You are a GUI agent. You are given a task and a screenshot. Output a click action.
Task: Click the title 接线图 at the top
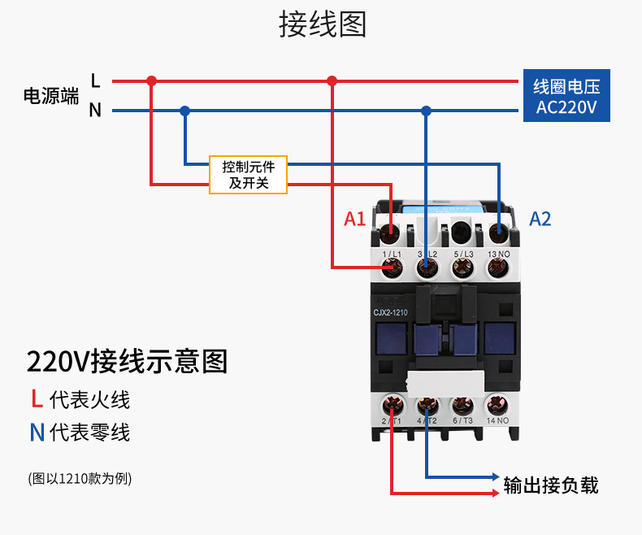click(323, 24)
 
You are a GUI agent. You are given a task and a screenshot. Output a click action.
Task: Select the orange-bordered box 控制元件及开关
click(249, 175)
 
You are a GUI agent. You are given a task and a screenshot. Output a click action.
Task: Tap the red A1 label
click(355, 219)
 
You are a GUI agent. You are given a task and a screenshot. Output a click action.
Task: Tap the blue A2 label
click(540, 219)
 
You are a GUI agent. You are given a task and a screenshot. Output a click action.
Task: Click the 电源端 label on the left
click(50, 96)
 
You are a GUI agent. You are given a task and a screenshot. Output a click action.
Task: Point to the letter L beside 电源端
click(95, 80)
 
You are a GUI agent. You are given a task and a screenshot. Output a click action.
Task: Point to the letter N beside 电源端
click(95, 111)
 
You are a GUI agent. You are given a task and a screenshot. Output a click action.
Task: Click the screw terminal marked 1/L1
click(391, 267)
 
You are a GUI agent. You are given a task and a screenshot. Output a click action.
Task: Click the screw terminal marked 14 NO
click(497, 404)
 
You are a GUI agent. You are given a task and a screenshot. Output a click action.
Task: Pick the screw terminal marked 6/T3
click(462, 404)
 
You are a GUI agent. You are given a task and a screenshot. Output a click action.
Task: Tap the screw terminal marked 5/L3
click(462, 267)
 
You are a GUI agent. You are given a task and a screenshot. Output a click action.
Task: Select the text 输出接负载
click(551, 485)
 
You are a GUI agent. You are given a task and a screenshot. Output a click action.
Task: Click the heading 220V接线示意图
click(127, 361)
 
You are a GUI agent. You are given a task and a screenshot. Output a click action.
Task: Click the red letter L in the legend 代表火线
click(37, 399)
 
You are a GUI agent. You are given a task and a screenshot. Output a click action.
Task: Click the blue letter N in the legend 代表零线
click(37, 432)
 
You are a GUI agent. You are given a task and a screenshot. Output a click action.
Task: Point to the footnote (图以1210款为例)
click(79, 478)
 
